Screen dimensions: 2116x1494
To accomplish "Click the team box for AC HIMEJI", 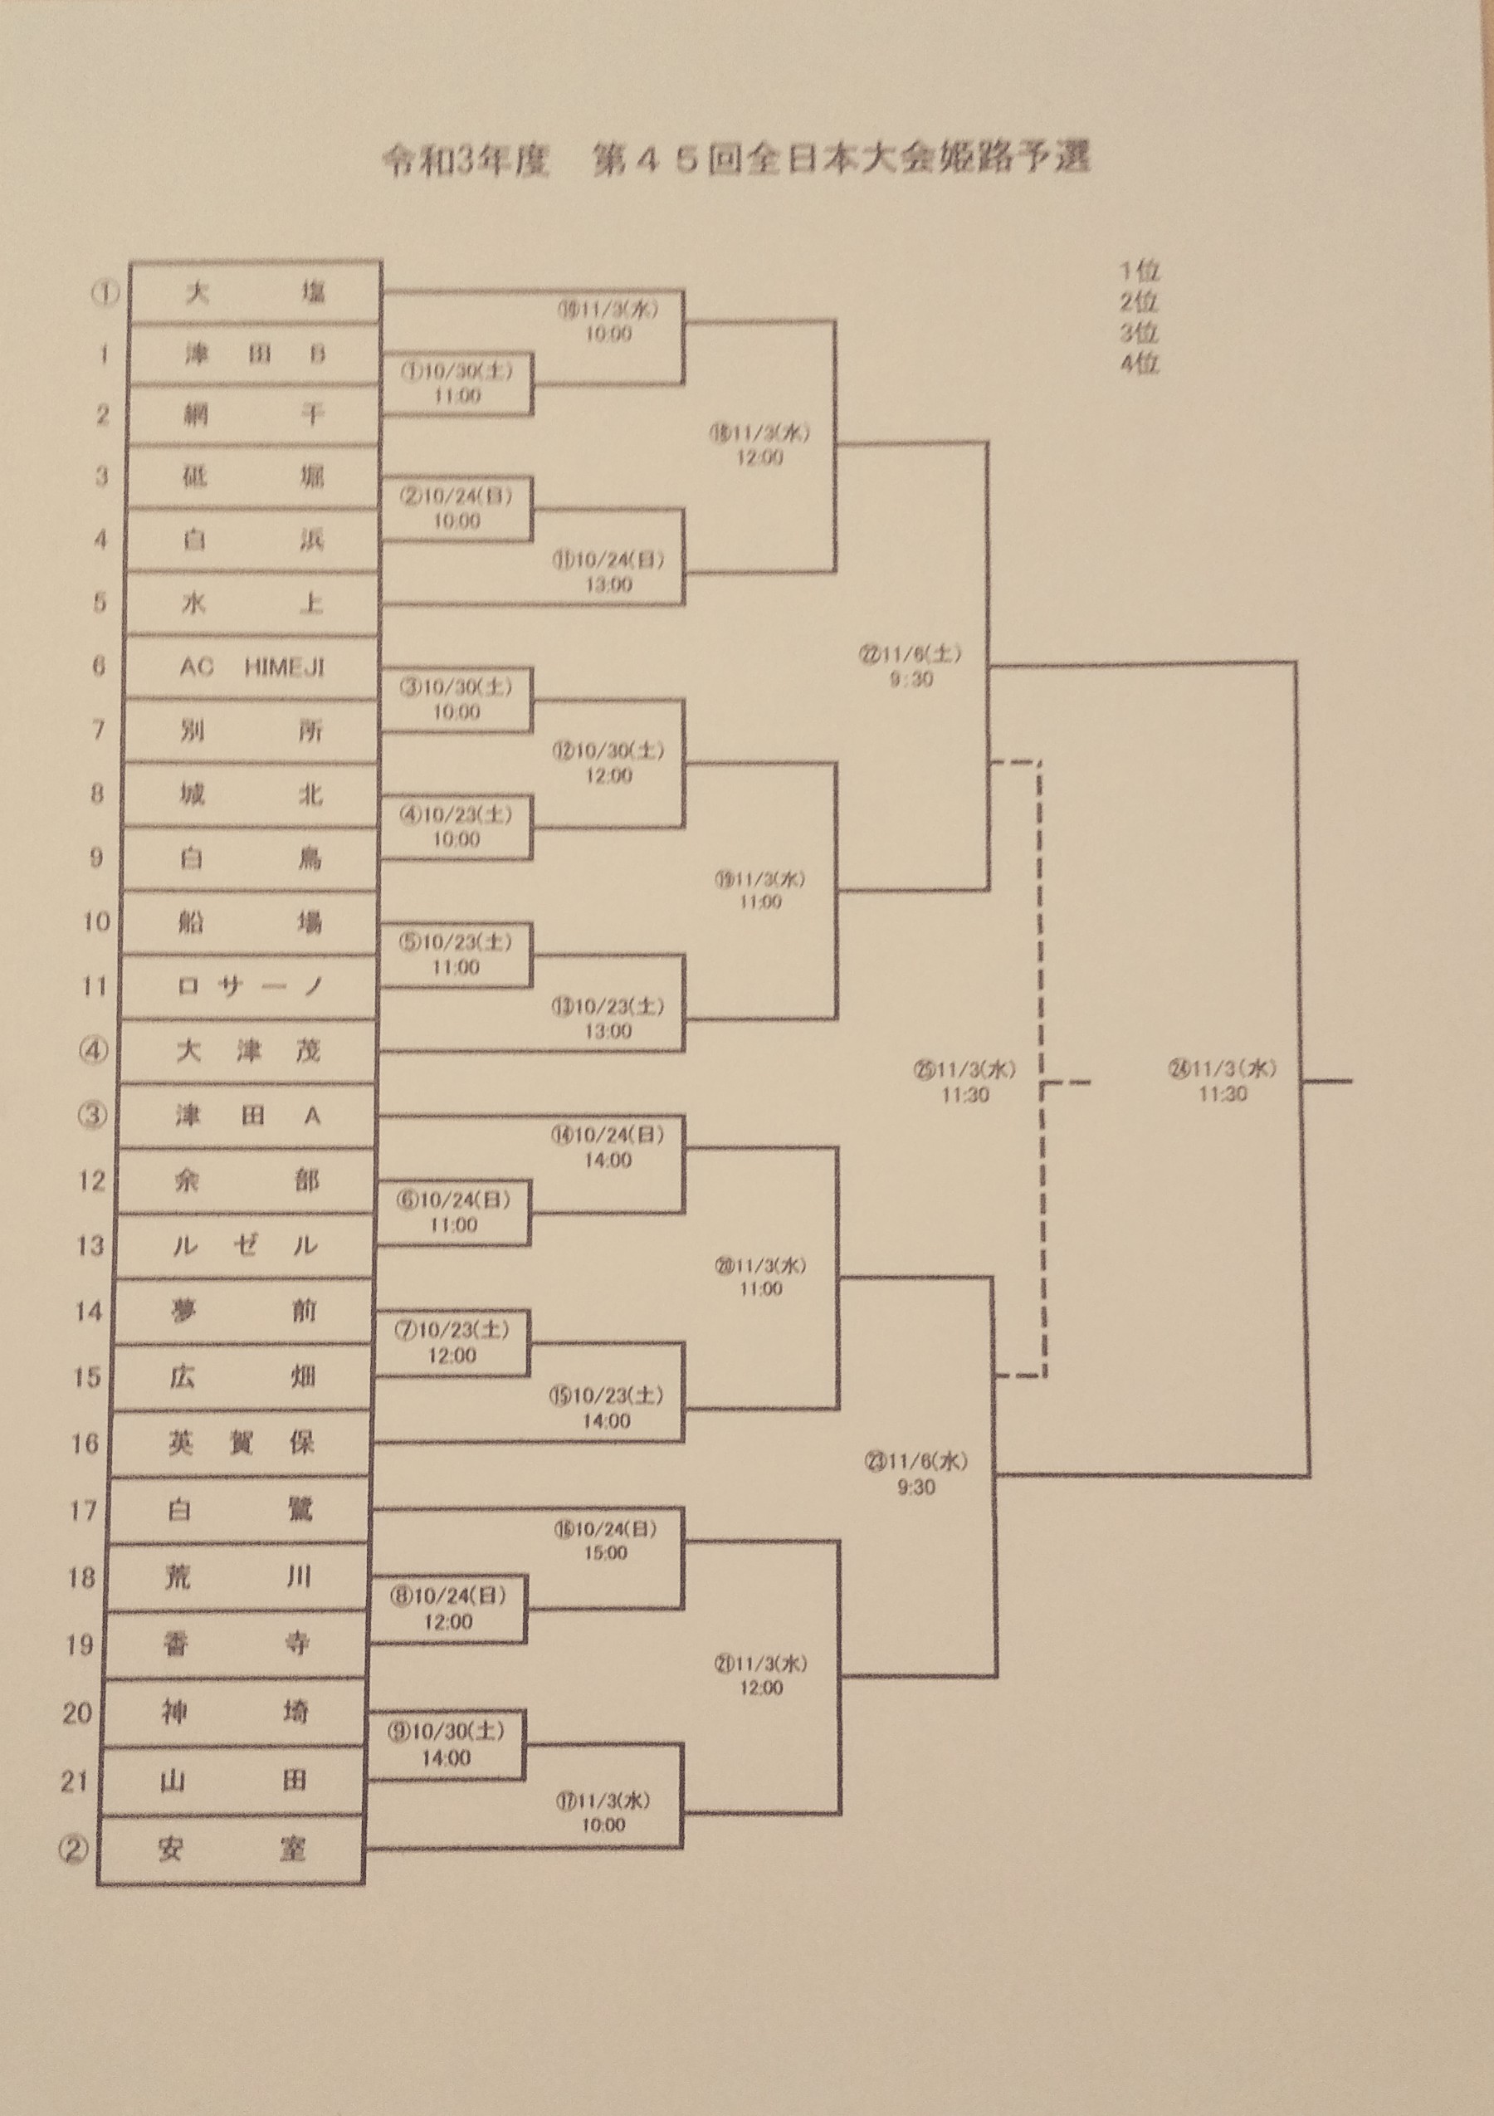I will click(251, 667).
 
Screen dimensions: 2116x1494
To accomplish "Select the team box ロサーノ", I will click(249, 986).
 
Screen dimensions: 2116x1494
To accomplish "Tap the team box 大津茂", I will click(247, 1051).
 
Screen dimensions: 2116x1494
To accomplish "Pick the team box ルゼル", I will click(245, 1246).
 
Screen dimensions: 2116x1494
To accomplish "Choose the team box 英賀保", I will click(242, 1444).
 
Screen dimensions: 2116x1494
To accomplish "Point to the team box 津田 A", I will click(247, 1116).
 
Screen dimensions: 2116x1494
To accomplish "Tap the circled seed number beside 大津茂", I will click(94, 1051).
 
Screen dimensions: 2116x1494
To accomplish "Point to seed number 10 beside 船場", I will click(95, 921).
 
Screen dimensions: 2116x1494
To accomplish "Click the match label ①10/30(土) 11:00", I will click(456, 383).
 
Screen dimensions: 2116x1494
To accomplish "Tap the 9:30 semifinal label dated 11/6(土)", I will click(911, 666).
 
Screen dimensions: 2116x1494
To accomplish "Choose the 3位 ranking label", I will click(1139, 333).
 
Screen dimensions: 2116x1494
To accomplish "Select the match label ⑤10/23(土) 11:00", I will click(456, 954).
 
